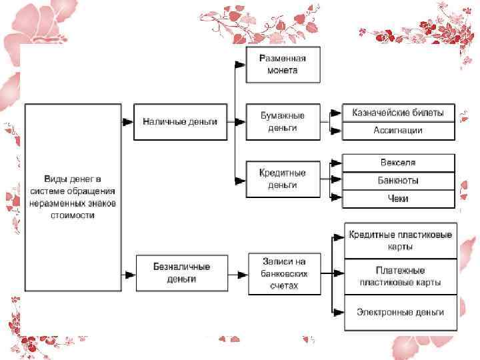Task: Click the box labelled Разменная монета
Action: point(283,64)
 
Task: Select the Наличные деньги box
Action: point(180,121)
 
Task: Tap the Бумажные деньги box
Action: point(283,121)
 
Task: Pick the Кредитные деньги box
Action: point(283,178)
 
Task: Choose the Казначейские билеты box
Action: point(399,112)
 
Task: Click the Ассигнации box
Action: point(399,131)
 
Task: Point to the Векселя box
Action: point(399,162)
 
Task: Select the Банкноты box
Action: point(399,180)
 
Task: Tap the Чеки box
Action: point(399,199)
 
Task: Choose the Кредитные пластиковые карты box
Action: point(401,241)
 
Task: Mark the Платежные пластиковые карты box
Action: point(401,276)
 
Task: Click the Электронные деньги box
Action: point(401,312)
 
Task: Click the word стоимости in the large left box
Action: point(69,215)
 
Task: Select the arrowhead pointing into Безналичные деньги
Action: point(127,272)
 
